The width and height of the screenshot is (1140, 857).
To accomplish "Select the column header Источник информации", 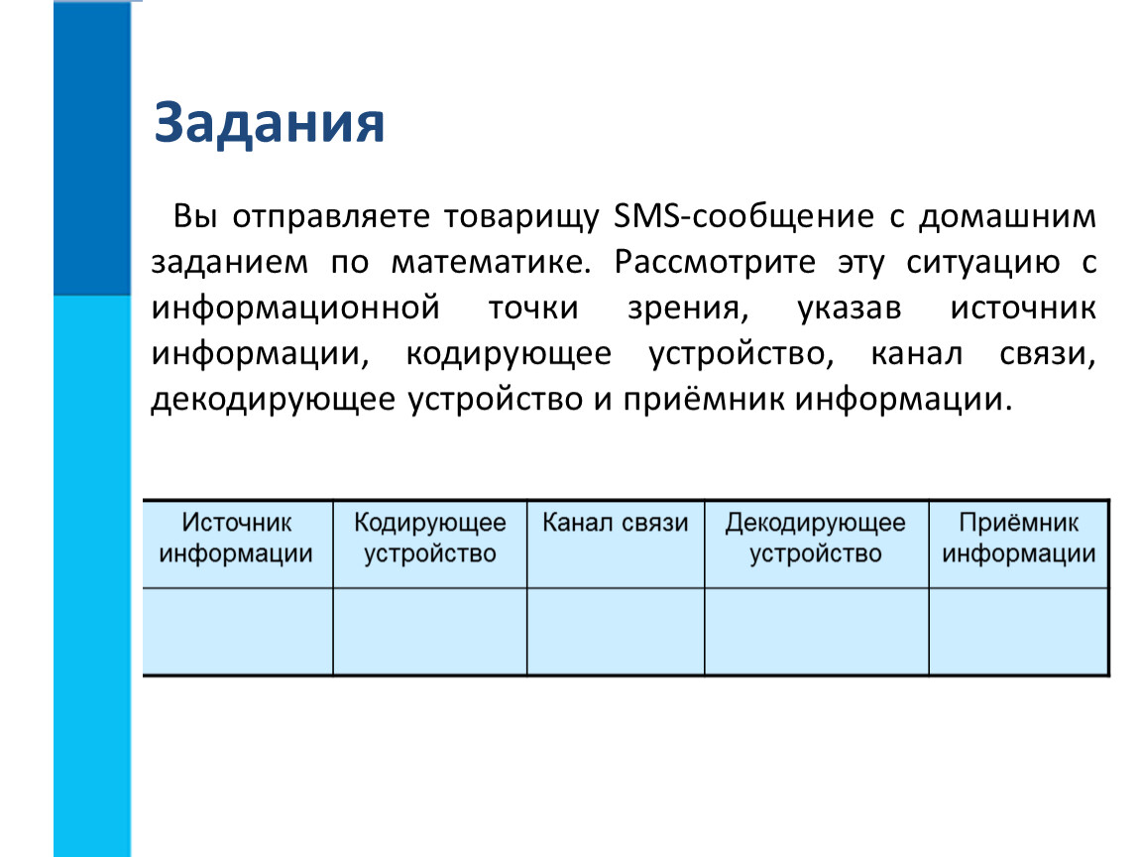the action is click(x=236, y=538).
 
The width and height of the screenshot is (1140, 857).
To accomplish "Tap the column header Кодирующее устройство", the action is click(x=430, y=538).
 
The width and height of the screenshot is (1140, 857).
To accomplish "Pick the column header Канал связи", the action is click(x=615, y=523).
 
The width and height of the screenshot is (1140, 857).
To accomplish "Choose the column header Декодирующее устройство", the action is click(x=816, y=538).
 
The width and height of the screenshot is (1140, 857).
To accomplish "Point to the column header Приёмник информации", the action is click(x=1019, y=538).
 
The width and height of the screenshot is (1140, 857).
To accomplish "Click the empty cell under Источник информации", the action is click(x=238, y=632).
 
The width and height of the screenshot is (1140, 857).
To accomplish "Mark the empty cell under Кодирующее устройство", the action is click(x=429, y=632).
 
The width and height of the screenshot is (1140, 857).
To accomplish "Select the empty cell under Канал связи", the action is click(x=616, y=632).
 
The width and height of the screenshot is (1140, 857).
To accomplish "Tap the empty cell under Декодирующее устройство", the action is click(x=817, y=632).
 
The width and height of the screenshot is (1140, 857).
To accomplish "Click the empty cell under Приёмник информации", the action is click(x=1019, y=632).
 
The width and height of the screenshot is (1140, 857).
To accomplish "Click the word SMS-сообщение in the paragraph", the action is click(x=743, y=217).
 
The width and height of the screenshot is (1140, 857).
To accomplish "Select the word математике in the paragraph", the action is click(x=492, y=263).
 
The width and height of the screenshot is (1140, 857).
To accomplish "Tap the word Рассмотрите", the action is click(x=715, y=263).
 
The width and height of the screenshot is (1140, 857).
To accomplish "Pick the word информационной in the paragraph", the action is click(x=295, y=308).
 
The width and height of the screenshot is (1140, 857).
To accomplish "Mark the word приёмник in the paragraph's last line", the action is click(x=704, y=399).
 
